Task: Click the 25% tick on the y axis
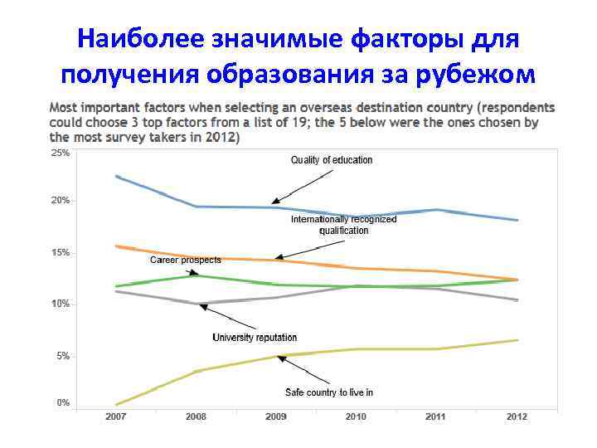tap(61, 153)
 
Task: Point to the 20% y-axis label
tap(61, 201)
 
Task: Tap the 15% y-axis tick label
tap(61, 252)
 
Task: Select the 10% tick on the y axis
tap(61, 304)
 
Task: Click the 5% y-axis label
tap(63, 356)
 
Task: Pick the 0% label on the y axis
tap(63, 403)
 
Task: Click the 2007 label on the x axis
tap(116, 416)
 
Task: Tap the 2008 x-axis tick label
tap(196, 416)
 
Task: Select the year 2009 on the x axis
tap(276, 416)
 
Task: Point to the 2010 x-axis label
tap(356, 416)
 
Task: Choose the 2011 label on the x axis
tap(435, 416)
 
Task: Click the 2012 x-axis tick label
tap(517, 416)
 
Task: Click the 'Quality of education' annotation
tap(331, 160)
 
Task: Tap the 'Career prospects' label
tap(185, 260)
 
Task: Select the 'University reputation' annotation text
tap(255, 338)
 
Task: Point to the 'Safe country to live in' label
tap(329, 392)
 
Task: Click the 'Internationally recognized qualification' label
tap(343, 225)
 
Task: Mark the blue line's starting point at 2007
tap(117, 176)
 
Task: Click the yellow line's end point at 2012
tap(517, 340)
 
